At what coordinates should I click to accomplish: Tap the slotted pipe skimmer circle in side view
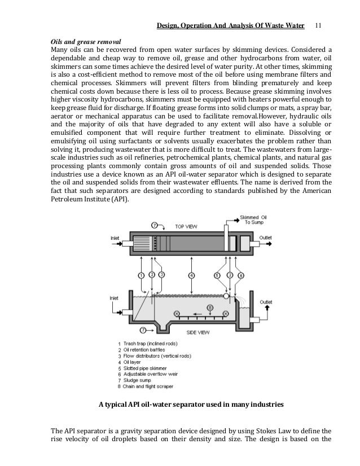tap(226, 295)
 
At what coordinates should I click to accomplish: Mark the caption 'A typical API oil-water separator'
tap(157, 405)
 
